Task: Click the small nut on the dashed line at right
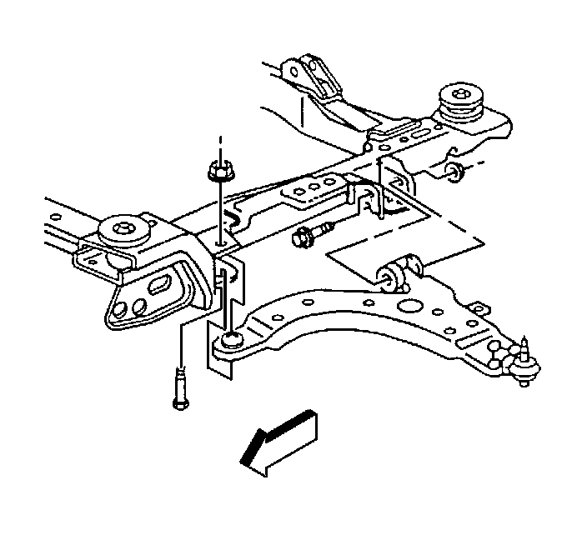pyautogui.click(x=454, y=173)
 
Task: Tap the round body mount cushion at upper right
pyautogui.click(x=460, y=99)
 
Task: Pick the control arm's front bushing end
pyautogui.click(x=231, y=340)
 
